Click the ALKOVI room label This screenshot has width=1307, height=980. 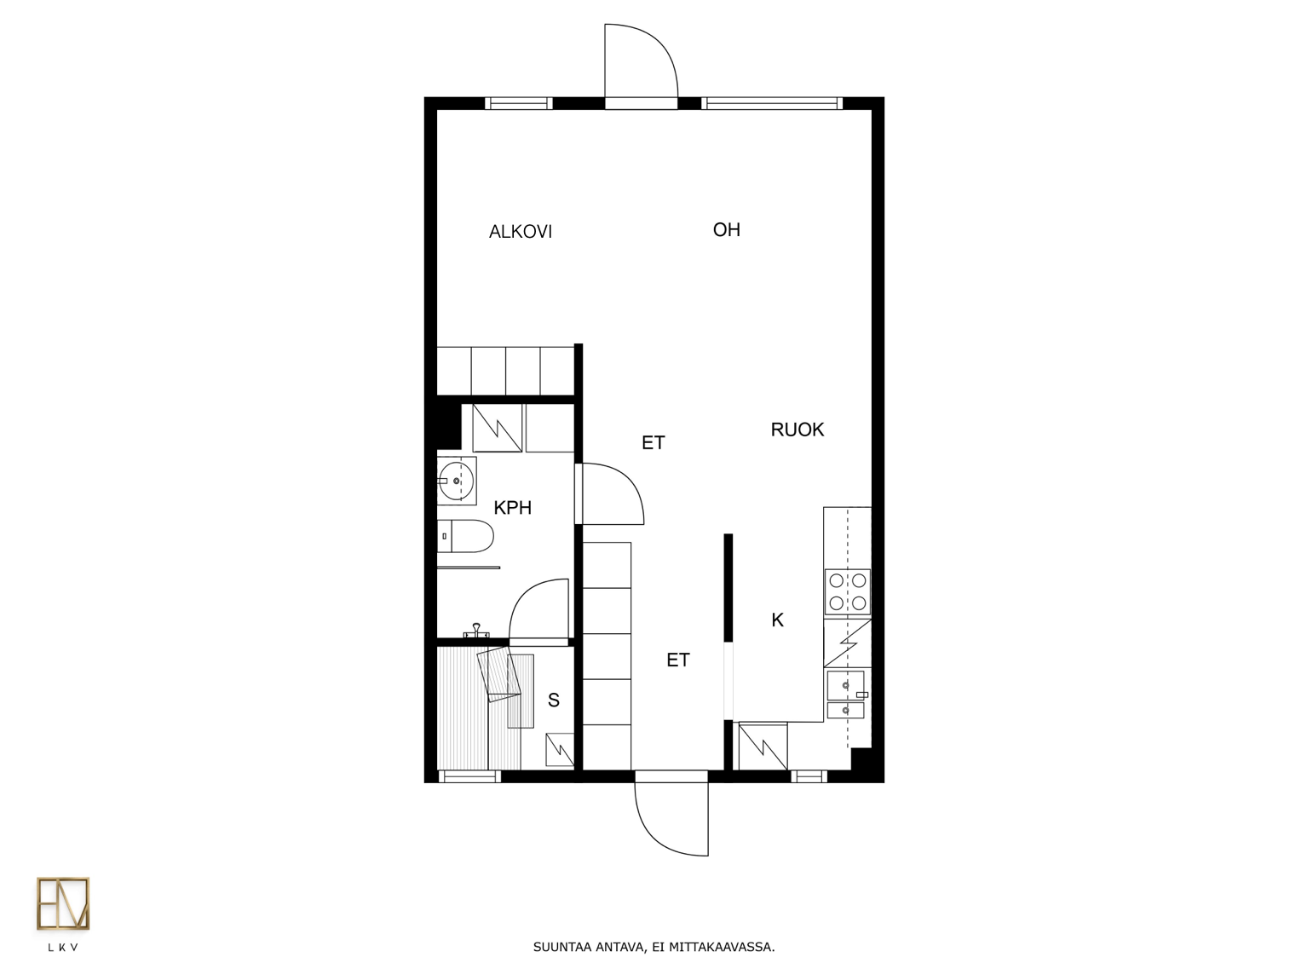(521, 232)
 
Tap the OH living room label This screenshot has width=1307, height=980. (727, 230)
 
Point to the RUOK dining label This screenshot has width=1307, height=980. (797, 429)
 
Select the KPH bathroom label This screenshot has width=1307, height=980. (513, 508)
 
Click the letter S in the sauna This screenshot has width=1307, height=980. (554, 700)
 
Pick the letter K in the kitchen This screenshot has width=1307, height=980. (778, 620)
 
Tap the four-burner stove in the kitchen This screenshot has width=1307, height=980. (847, 591)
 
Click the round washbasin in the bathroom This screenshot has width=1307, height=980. (457, 481)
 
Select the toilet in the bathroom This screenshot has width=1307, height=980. (466, 536)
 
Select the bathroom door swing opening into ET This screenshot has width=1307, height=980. (613, 494)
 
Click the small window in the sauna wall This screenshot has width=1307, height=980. (469, 776)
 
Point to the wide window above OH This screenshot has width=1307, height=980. (772, 104)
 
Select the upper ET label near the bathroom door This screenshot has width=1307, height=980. (653, 443)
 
